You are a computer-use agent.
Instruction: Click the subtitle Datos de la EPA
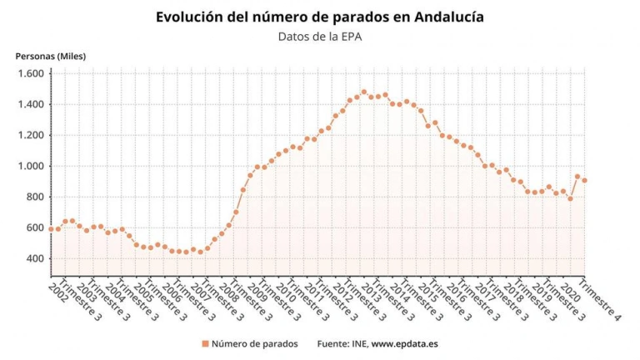320,36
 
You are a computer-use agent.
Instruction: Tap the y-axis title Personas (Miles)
51,57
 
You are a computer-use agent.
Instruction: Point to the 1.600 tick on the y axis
30,74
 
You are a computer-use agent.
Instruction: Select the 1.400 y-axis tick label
30,105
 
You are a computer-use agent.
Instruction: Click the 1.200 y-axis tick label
30,136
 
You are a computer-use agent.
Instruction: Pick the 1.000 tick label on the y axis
30,167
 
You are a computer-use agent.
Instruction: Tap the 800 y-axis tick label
34,197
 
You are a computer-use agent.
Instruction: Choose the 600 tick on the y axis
34,228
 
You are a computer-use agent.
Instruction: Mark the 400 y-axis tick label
34,259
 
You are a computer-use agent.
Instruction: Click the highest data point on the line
363,92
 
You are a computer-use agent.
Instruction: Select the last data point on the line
584,181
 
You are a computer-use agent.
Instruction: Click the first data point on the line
50,229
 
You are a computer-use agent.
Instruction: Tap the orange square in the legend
204,343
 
